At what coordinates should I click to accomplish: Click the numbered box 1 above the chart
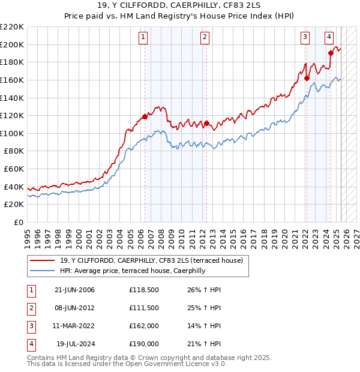[144, 37]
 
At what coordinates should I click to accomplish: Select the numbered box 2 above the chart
[205, 37]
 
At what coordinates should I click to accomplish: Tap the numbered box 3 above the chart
[305, 37]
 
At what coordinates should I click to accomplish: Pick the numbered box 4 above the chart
[329, 37]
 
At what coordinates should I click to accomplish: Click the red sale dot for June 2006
[145, 116]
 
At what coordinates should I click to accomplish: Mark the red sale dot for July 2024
[331, 53]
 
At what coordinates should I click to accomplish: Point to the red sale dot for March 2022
[307, 78]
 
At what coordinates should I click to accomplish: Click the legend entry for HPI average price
[132, 271]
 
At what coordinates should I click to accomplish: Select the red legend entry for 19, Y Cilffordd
[151, 260]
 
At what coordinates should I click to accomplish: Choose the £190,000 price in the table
[144, 344]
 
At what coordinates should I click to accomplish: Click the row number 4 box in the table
[30, 344]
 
